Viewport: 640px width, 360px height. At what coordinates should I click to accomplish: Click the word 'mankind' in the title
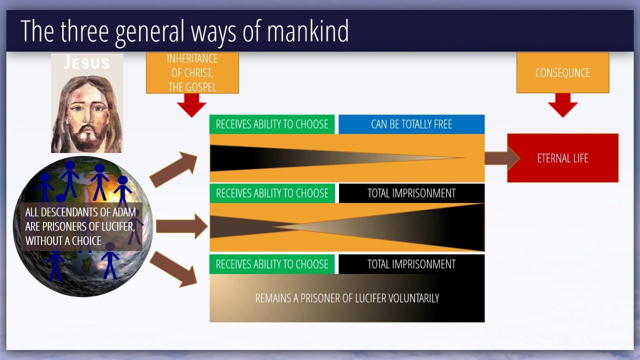coord(307,31)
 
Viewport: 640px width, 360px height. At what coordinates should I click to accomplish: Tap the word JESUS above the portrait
coord(87,62)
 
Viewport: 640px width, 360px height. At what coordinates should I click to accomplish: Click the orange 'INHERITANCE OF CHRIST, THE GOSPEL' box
coord(192,73)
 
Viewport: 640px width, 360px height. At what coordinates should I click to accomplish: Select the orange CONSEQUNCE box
coord(562,73)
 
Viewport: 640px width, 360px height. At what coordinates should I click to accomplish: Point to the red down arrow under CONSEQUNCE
coord(562,105)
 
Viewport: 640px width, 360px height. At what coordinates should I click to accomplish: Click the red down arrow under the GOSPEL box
coord(191,105)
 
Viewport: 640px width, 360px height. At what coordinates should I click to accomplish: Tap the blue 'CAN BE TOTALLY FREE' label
coord(411,124)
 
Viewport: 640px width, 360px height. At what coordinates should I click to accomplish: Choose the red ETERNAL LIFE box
coord(562,158)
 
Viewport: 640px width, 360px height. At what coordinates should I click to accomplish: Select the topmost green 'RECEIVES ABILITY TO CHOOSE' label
coord(272,124)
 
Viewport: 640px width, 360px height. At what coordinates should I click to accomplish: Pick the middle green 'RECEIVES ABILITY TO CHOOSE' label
coord(272,193)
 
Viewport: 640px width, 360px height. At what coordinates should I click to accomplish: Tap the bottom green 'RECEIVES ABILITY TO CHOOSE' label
coord(272,264)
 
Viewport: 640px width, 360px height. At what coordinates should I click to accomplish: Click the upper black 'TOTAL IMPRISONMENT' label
coord(411,193)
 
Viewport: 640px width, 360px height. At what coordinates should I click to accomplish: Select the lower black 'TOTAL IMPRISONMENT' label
coord(411,264)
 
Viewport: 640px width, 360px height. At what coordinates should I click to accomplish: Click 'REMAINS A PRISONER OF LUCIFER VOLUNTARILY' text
coord(347,298)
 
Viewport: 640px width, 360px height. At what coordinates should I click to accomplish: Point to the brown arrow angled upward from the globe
coord(173,169)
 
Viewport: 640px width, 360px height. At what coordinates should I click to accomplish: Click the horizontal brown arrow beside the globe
coord(181,226)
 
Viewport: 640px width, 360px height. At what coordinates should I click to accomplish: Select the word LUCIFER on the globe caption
coord(113,226)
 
